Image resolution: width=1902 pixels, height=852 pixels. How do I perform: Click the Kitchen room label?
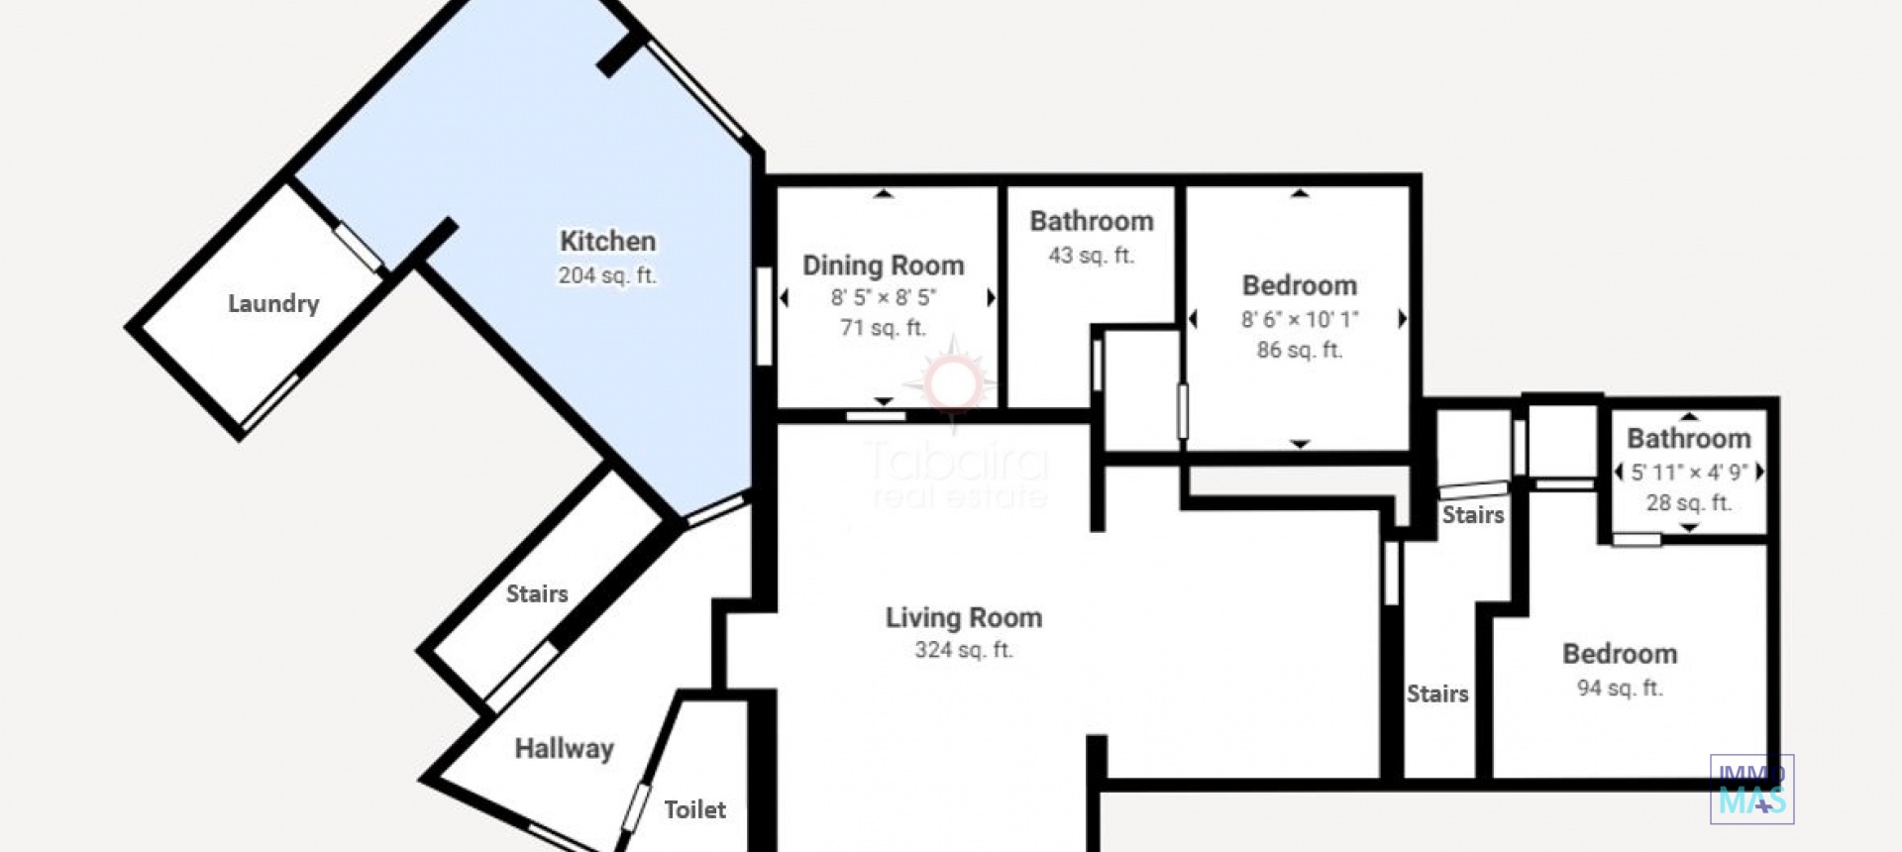[607, 241]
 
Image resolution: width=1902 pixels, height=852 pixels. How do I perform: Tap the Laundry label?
[273, 304]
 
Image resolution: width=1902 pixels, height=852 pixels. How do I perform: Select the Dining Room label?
[883, 266]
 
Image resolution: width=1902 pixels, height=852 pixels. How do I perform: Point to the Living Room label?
[964, 618]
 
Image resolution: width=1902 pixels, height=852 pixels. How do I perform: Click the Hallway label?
[564, 749]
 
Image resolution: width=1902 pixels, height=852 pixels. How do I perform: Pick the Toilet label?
[694, 809]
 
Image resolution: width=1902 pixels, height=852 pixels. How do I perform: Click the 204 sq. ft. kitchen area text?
[607, 275]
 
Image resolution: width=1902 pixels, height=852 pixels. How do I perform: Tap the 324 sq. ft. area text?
[964, 651]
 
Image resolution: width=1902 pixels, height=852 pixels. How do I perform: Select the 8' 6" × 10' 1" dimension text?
[1300, 319]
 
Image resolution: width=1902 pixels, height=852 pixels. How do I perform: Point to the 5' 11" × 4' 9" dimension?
[1689, 472]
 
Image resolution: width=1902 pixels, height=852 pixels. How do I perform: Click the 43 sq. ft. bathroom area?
[1091, 256]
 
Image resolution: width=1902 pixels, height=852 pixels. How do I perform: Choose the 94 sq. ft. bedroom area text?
[1620, 688]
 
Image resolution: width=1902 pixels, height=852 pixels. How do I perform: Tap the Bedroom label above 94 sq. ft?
[1620, 654]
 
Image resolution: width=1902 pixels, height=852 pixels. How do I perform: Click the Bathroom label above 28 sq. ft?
[1689, 438]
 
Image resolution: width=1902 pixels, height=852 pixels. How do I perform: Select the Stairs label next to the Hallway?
[537, 593]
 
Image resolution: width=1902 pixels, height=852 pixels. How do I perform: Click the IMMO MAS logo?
[1751, 790]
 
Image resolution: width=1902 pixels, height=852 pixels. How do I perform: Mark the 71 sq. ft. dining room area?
[883, 328]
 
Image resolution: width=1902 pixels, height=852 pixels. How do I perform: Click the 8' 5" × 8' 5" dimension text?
[883, 297]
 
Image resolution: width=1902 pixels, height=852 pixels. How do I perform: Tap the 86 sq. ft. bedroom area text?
[1300, 350]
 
